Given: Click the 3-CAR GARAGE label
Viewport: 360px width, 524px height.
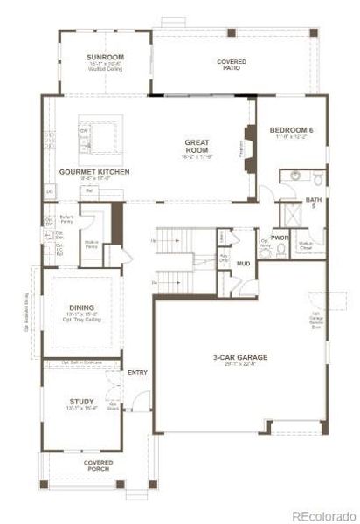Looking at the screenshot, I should [x=239, y=357].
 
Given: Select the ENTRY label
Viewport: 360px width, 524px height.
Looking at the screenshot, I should [x=137, y=373].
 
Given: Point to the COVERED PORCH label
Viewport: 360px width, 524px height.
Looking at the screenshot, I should [x=98, y=465].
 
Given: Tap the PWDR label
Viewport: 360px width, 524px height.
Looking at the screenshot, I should [x=280, y=237].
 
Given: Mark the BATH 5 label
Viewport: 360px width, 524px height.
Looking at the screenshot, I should [x=312, y=203].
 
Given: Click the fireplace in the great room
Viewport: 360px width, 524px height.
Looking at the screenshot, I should [x=247, y=141].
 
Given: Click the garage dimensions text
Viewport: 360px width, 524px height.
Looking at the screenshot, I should [x=239, y=365].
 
